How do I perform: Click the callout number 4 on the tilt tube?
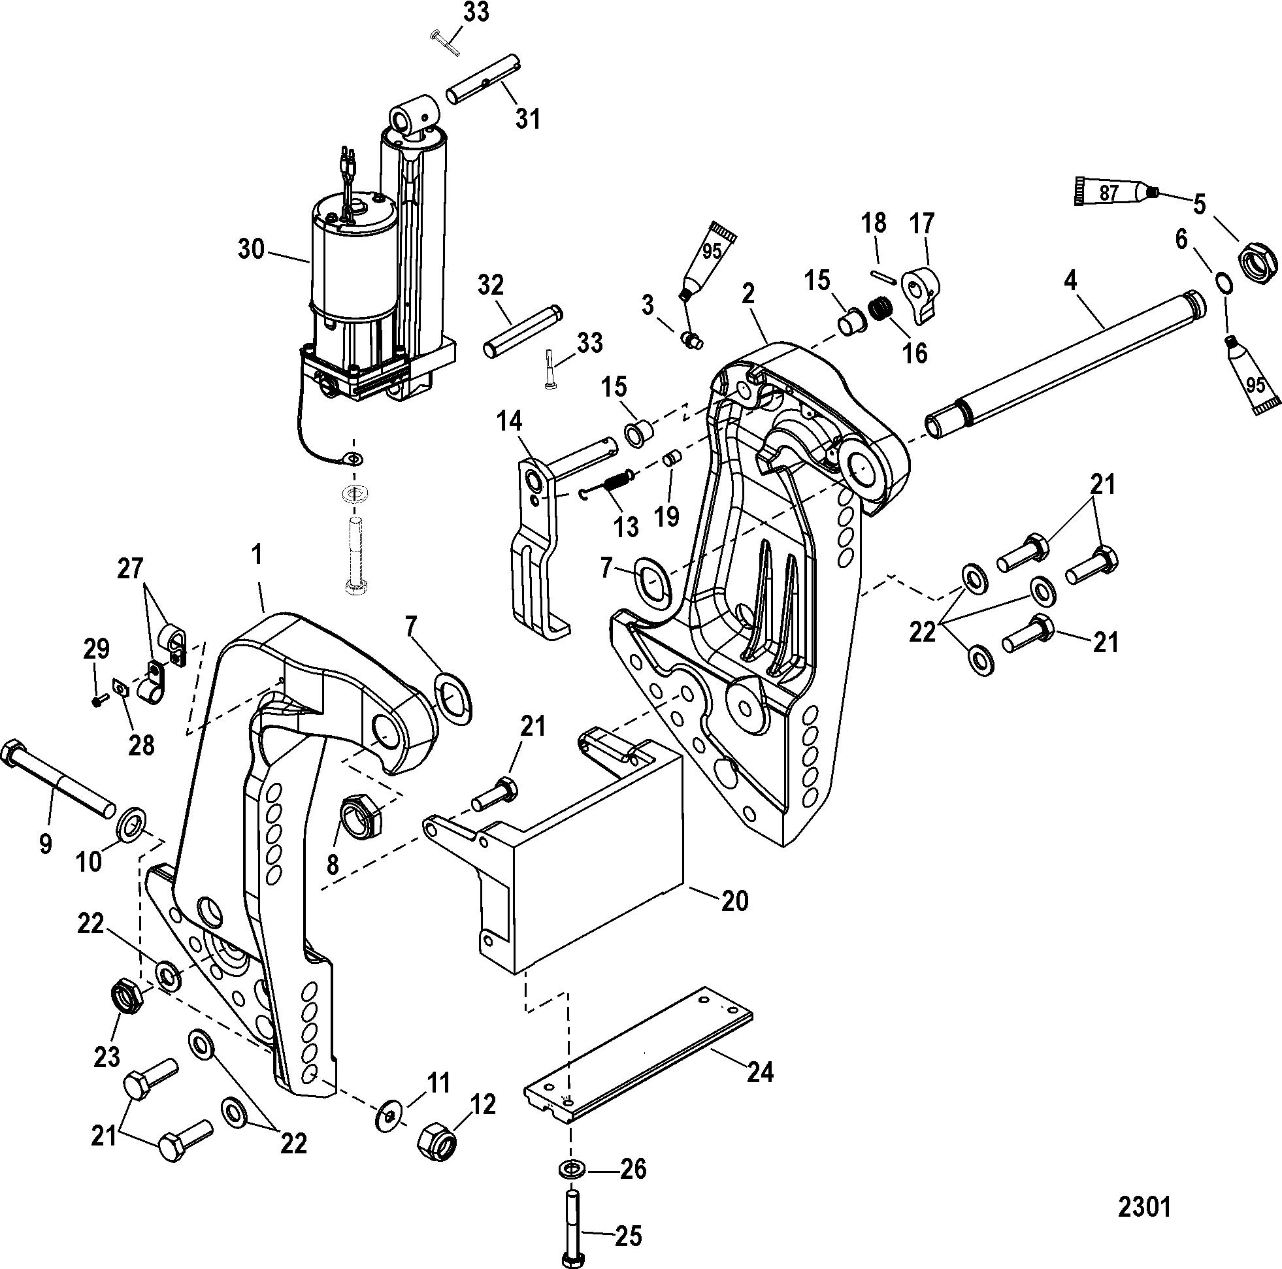pos(1070,282)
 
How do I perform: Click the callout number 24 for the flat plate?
pos(761,1072)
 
